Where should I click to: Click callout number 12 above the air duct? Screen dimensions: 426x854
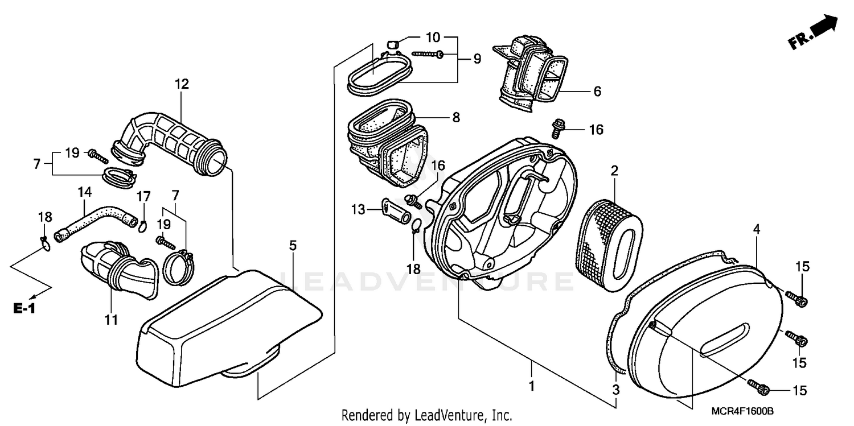182,84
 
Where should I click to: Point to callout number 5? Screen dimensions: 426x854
293,246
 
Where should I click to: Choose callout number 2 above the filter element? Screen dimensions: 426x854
615,171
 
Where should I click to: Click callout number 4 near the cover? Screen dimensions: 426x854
757,230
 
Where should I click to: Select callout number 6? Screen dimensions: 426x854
597,91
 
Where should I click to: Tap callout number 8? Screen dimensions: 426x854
456,118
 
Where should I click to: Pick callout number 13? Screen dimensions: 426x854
358,209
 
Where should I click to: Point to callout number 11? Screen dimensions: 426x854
111,320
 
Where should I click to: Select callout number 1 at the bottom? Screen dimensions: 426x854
531,385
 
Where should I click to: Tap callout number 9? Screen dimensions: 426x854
477,58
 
